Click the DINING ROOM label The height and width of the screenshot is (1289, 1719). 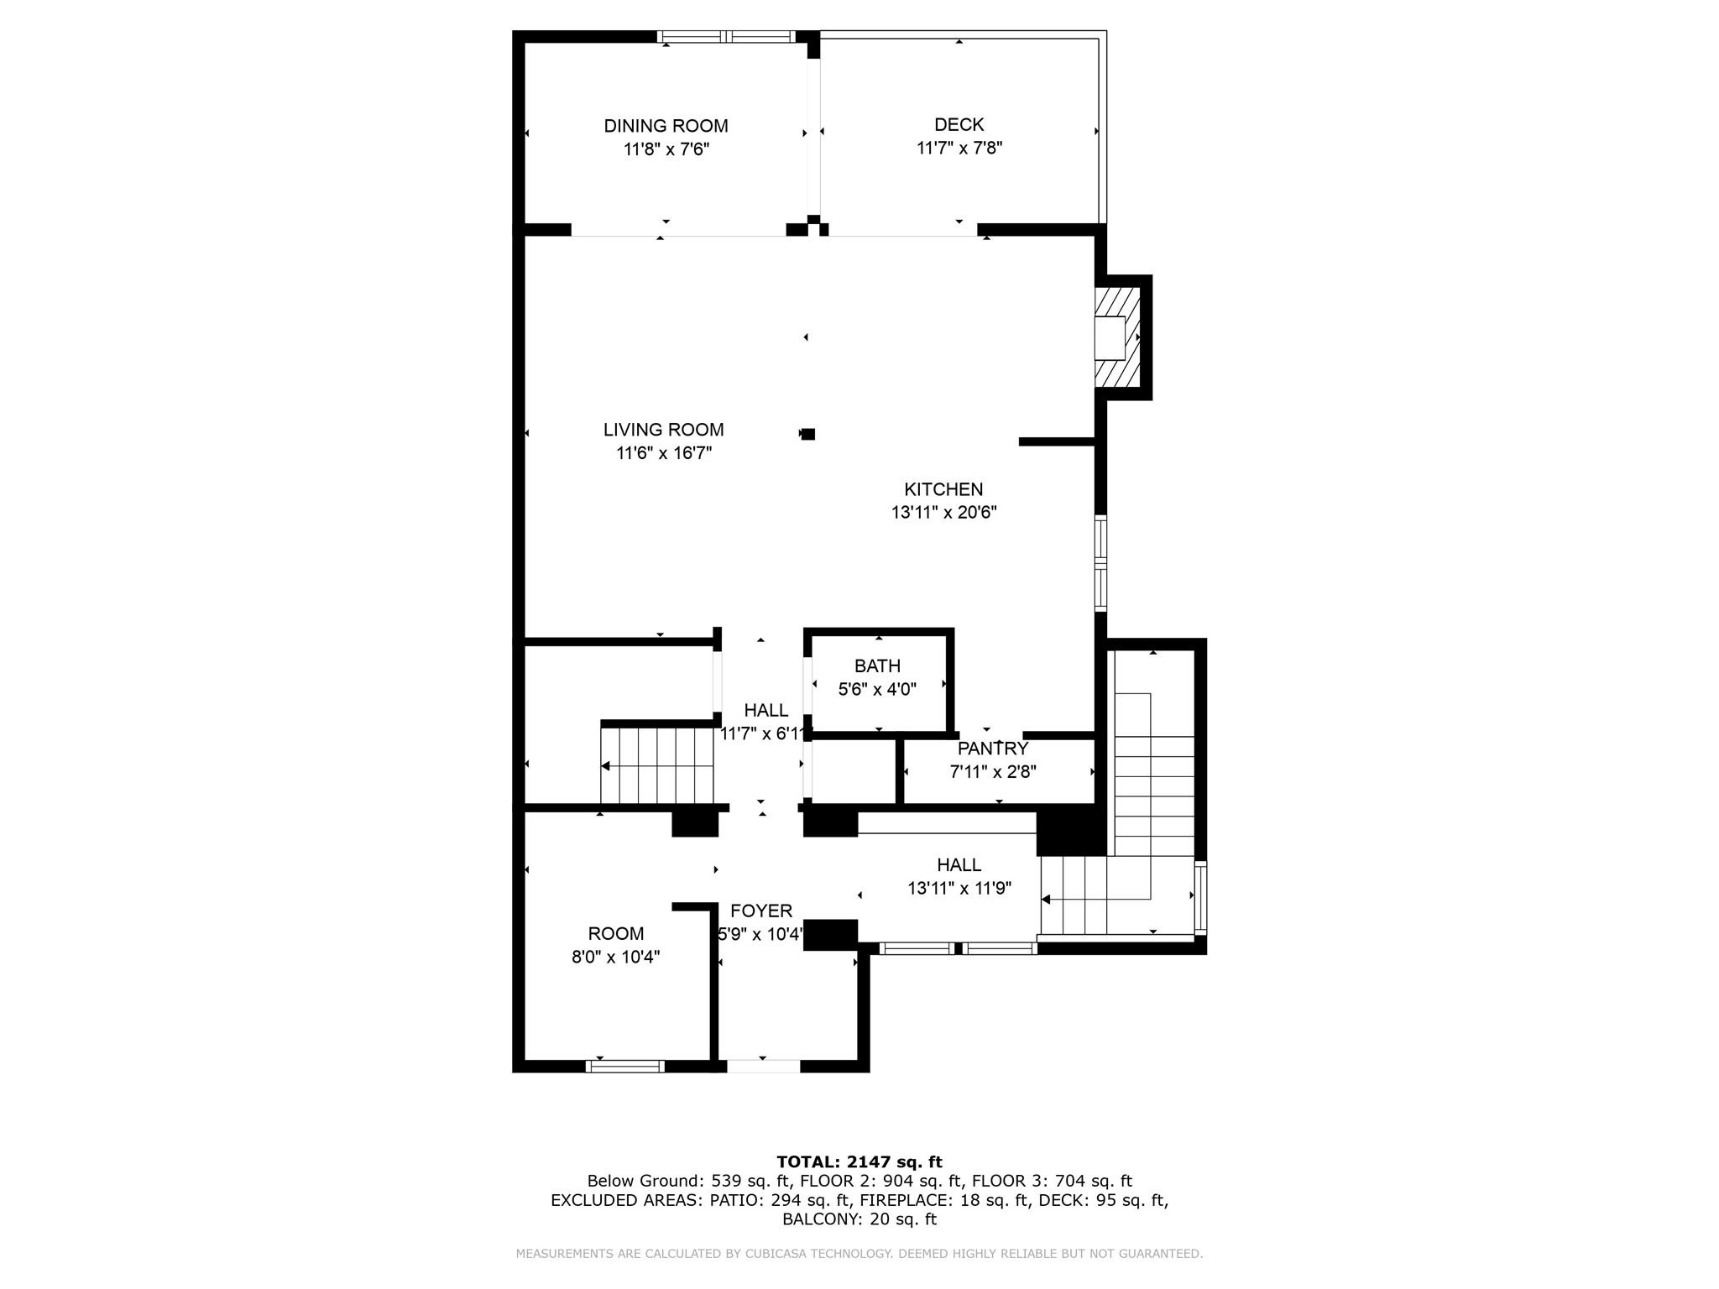[x=666, y=126]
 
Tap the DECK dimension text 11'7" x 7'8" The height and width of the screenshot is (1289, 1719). [x=959, y=149]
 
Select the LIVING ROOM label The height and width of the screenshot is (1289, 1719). [x=663, y=430]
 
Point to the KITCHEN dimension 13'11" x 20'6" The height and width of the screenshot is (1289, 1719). [x=943, y=513]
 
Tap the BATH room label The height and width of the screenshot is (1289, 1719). [x=877, y=666]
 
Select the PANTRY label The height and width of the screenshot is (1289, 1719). [x=992, y=749]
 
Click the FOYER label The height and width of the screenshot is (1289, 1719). [x=760, y=911]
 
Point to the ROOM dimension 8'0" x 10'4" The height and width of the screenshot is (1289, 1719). [x=615, y=958]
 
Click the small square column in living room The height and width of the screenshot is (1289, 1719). [x=808, y=434]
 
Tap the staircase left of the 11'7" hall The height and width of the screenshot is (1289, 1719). [x=656, y=766]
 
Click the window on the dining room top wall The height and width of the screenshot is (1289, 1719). [x=726, y=37]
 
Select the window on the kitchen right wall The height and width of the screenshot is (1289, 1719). [x=1100, y=563]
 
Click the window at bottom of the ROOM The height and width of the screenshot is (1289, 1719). [x=625, y=1067]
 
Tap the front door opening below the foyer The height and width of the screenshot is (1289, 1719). [x=763, y=1067]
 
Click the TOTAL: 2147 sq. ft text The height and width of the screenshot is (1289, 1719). [x=859, y=1162]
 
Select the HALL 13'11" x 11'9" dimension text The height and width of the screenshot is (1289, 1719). [x=959, y=889]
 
